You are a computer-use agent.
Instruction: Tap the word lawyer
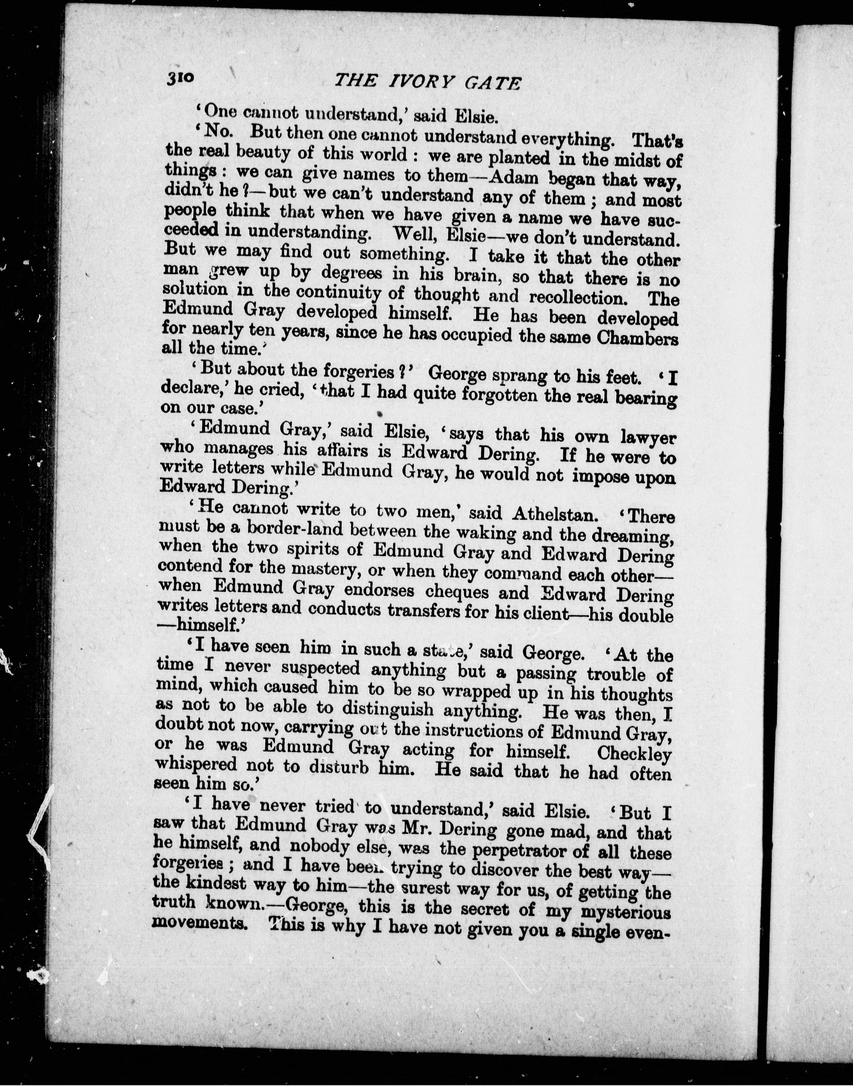648,437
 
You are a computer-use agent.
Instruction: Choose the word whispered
196,765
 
